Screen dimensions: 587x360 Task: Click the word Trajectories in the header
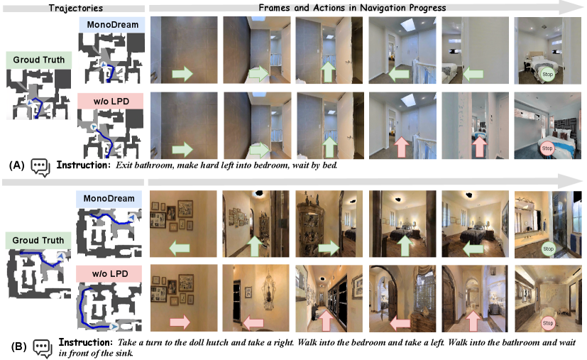[76, 8]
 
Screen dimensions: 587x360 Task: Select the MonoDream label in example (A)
[113, 25]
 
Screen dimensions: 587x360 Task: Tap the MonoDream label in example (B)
[109, 199]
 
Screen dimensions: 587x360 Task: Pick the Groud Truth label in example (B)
[38, 241]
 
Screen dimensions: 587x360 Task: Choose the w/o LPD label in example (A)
[111, 102]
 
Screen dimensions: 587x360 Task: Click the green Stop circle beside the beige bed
[548, 74]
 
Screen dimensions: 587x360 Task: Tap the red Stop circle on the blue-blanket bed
[547, 148]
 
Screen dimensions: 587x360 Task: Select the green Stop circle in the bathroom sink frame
[548, 249]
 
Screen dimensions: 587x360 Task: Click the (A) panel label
[16, 165]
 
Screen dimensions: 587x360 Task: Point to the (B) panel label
[18, 347]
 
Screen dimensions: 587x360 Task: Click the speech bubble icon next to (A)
[40, 168]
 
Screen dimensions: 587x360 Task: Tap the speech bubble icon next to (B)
[43, 349]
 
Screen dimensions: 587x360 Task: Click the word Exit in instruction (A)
[124, 165]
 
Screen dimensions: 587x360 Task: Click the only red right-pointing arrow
[180, 322]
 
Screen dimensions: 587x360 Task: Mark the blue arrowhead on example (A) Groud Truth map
[30, 102]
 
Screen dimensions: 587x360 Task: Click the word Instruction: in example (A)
[84, 165]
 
